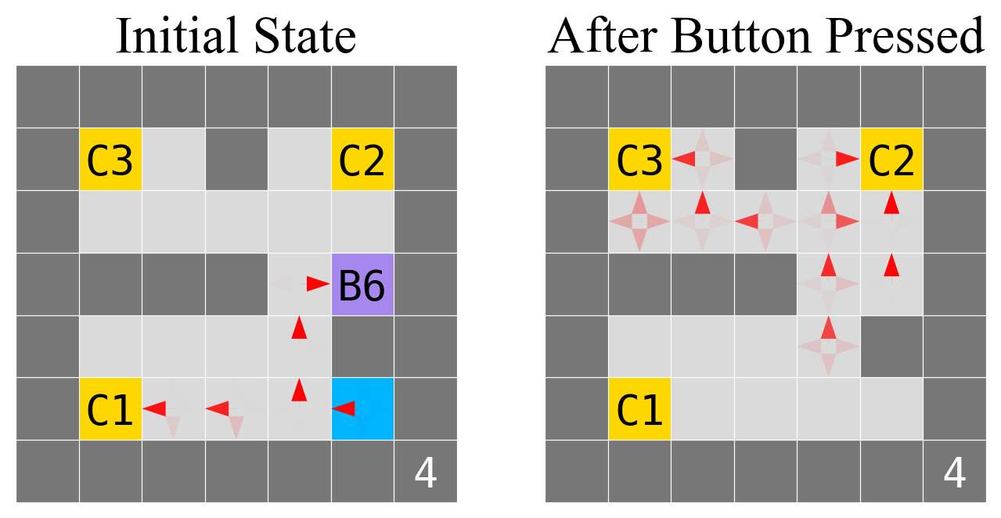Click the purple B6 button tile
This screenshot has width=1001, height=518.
[x=362, y=284]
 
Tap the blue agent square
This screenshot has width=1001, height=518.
[x=362, y=408]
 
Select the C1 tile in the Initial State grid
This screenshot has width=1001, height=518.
[x=110, y=408]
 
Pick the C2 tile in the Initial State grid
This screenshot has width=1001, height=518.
[x=362, y=160]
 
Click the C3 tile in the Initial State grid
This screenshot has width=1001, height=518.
[x=110, y=160]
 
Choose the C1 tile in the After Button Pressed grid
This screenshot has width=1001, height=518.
[x=639, y=408]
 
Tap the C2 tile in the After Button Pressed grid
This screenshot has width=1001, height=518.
[x=891, y=160]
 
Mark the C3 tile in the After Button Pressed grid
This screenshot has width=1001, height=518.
[x=639, y=160]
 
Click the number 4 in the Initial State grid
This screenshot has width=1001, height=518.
[x=425, y=473]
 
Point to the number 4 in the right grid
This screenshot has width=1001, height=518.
[x=954, y=473]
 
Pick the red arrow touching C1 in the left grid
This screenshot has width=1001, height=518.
[x=154, y=408]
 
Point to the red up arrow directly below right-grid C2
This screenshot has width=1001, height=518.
[x=891, y=203]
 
